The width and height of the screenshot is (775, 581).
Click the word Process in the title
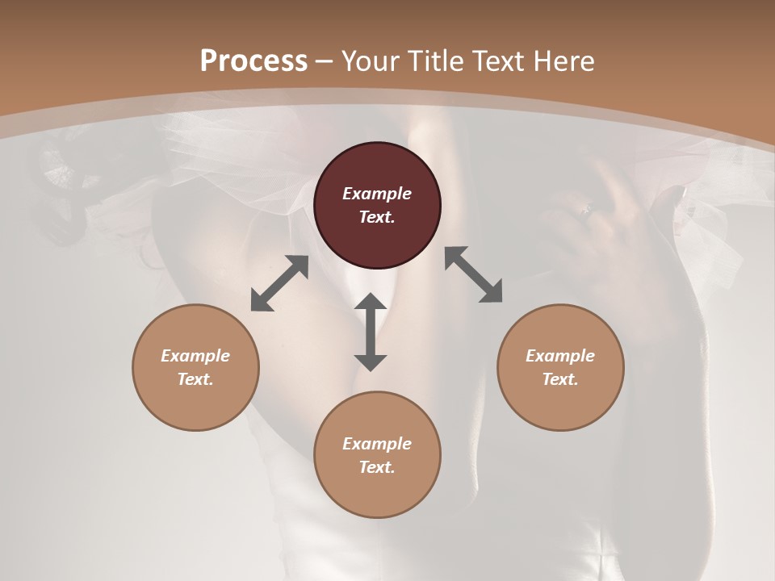[253, 61]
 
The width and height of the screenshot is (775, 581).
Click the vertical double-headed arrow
[371, 332]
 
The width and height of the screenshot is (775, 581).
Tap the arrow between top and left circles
[279, 283]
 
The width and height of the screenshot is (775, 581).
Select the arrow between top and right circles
[474, 274]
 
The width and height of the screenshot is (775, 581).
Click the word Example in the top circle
[377, 194]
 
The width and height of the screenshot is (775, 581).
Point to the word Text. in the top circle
[377, 217]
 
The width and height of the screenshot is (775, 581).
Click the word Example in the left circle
[195, 356]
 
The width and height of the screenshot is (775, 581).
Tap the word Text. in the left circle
[195, 379]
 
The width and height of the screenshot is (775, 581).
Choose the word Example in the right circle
[560, 356]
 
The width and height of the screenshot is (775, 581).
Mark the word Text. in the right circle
[560, 379]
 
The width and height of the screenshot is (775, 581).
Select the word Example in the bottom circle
[377, 444]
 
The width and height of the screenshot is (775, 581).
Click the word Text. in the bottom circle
[377, 467]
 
